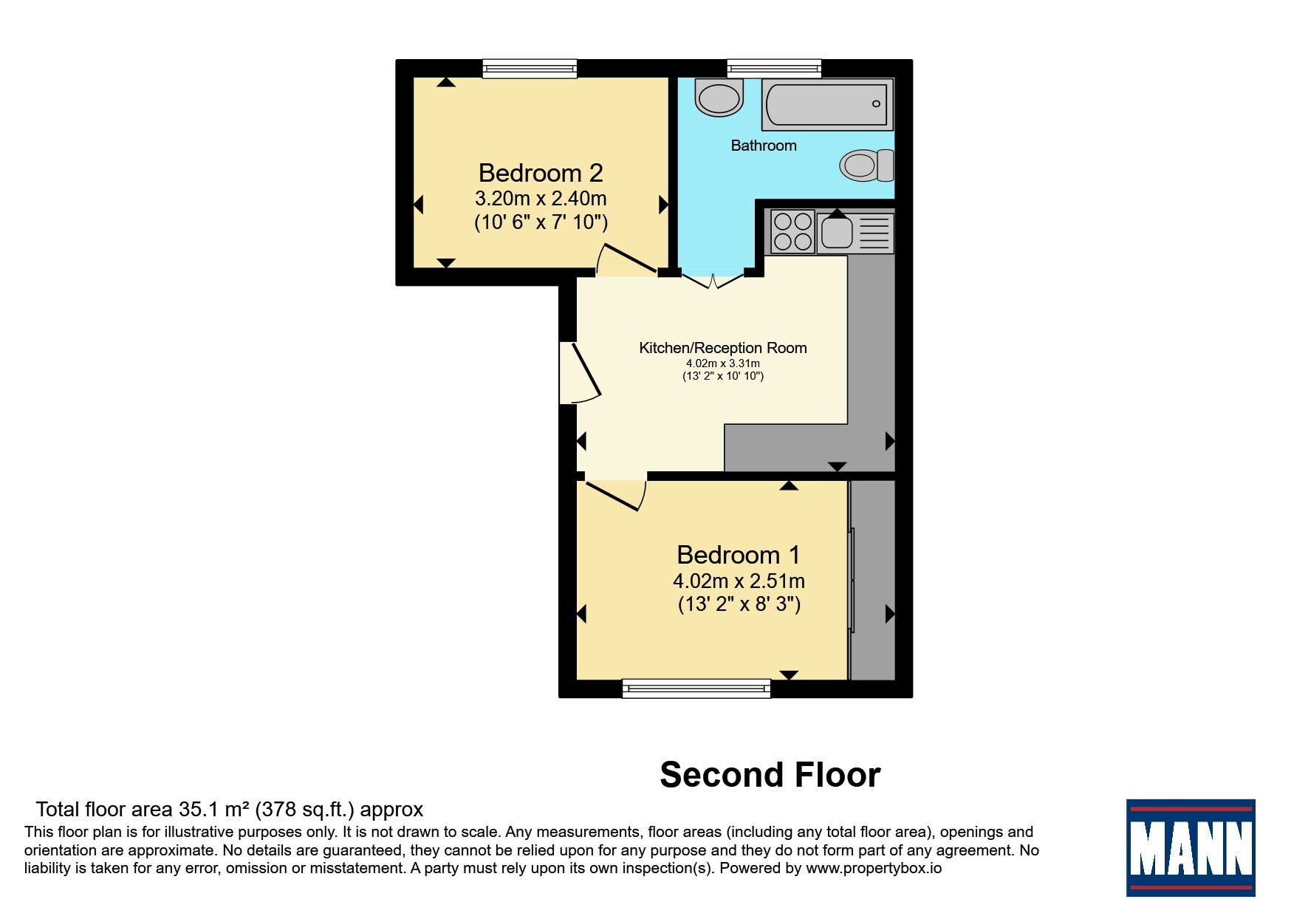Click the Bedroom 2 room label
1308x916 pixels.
pyautogui.click(x=541, y=173)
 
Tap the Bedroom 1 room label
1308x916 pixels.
pyautogui.click(x=739, y=555)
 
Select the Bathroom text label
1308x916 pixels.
pyautogui.click(x=764, y=146)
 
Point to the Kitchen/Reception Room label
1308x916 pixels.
pyautogui.click(x=722, y=348)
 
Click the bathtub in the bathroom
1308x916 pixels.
pyautogui.click(x=828, y=104)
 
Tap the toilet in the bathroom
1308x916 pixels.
pyautogui.click(x=866, y=165)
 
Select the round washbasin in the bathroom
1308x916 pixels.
pyautogui.click(x=719, y=99)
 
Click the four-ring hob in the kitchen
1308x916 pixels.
pyautogui.click(x=792, y=231)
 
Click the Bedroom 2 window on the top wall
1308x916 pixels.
pyautogui.click(x=530, y=69)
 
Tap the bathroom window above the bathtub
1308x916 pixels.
pyautogui.click(x=774, y=69)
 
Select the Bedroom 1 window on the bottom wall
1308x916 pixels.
pyautogui.click(x=696, y=688)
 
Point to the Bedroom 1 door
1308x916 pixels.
pyautogui.click(x=616, y=494)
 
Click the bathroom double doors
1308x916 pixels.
pyautogui.click(x=713, y=281)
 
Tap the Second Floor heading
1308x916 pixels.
pyautogui.click(x=770, y=775)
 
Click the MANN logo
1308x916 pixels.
pyautogui.click(x=1191, y=848)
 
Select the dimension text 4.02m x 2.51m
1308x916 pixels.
pyautogui.click(x=739, y=581)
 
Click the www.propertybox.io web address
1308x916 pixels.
pyautogui.click(x=874, y=869)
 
